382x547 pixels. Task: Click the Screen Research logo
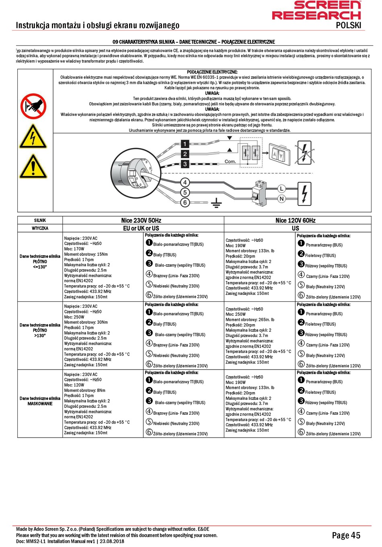[x=316, y=11]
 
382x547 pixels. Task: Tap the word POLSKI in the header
[x=348, y=25]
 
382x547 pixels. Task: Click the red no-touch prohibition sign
[x=33, y=107]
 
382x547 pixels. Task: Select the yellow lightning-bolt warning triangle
[x=33, y=137]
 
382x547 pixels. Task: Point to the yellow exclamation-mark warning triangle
[x=33, y=167]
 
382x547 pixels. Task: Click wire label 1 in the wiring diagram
[x=185, y=144]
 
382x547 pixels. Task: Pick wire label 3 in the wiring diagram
[x=185, y=164]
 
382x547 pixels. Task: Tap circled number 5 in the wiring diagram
[x=185, y=193]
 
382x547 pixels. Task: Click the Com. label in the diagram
[x=230, y=161]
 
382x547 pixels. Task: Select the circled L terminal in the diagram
[x=281, y=189]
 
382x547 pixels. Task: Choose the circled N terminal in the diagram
[x=281, y=199]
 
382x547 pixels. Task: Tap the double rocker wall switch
[x=279, y=154]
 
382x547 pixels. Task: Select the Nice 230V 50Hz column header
[x=141, y=220]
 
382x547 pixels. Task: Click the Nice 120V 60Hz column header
[x=295, y=220]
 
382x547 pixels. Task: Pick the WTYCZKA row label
[x=40, y=228]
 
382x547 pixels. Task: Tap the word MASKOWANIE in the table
[x=40, y=403]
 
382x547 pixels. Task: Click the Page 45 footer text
[x=346, y=535]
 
